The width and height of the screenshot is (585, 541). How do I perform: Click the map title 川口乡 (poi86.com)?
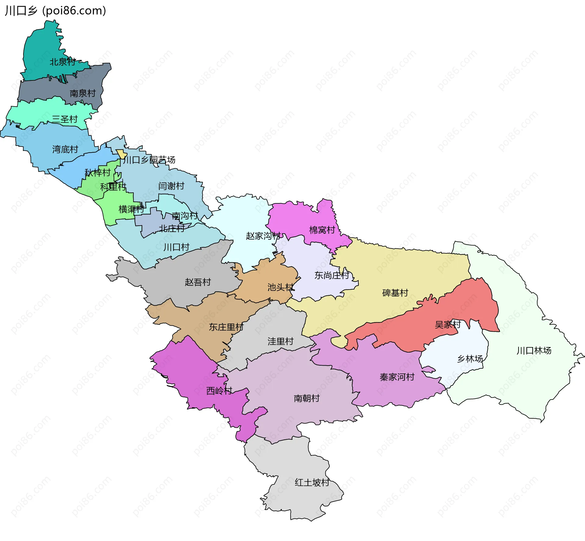pyautogui.click(x=55, y=11)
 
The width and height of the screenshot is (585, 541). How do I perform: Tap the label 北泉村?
pyautogui.click(x=62, y=62)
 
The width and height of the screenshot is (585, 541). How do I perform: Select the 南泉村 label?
pyautogui.click(x=83, y=93)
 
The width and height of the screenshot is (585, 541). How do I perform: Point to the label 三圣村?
pyautogui.click(x=65, y=119)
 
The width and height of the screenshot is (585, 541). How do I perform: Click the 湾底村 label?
pyautogui.click(x=65, y=149)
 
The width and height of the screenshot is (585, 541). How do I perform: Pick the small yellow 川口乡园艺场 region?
pyautogui.click(x=121, y=154)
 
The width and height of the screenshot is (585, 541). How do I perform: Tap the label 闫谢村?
pyautogui.click(x=171, y=186)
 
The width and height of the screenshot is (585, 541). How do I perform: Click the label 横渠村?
pyautogui.click(x=131, y=209)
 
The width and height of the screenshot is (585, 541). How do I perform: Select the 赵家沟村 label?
pyautogui.click(x=263, y=236)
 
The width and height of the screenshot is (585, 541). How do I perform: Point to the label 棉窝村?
pyautogui.click(x=322, y=230)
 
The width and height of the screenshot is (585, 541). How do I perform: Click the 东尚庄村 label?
pyautogui.click(x=332, y=276)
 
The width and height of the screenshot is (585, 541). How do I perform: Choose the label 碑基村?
pyautogui.click(x=395, y=293)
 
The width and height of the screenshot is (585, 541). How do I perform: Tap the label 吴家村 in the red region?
pyautogui.click(x=448, y=325)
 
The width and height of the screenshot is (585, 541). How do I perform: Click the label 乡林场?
pyautogui.click(x=470, y=359)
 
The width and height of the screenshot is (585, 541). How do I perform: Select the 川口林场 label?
pyautogui.click(x=534, y=351)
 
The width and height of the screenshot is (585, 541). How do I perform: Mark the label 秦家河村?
pyautogui.click(x=397, y=378)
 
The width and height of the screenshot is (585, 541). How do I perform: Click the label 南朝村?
pyautogui.click(x=307, y=399)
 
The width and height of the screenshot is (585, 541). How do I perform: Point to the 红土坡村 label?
pyautogui.click(x=312, y=483)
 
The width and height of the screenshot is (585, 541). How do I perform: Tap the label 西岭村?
pyautogui.click(x=219, y=391)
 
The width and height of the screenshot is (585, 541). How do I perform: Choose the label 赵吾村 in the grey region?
pyautogui.click(x=198, y=282)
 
